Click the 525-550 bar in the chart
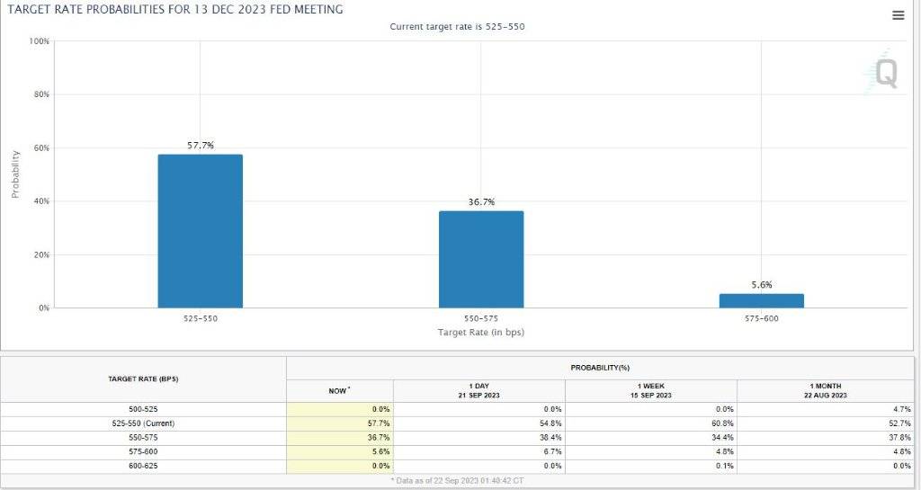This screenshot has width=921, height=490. click(200, 231)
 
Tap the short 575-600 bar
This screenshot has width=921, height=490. click(762, 300)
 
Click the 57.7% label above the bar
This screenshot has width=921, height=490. click(200, 146)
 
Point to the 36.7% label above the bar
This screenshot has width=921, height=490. click(481, 202)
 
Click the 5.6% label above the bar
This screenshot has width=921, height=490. click(762, 285)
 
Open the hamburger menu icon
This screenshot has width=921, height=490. click(898, 15)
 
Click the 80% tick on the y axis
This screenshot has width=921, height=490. click(41, 94)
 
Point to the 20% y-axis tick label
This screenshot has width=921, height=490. click(41, 255)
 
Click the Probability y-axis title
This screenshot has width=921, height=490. click(15, 174)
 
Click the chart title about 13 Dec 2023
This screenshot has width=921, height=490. click(175, 9)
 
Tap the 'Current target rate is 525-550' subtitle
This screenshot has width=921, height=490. click(457, 27)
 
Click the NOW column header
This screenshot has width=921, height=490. click(339, 391)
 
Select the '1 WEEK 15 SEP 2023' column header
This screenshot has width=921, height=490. click(651, 390)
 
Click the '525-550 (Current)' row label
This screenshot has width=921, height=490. click(143, 423)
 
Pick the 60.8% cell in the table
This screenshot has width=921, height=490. click(720, 423)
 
